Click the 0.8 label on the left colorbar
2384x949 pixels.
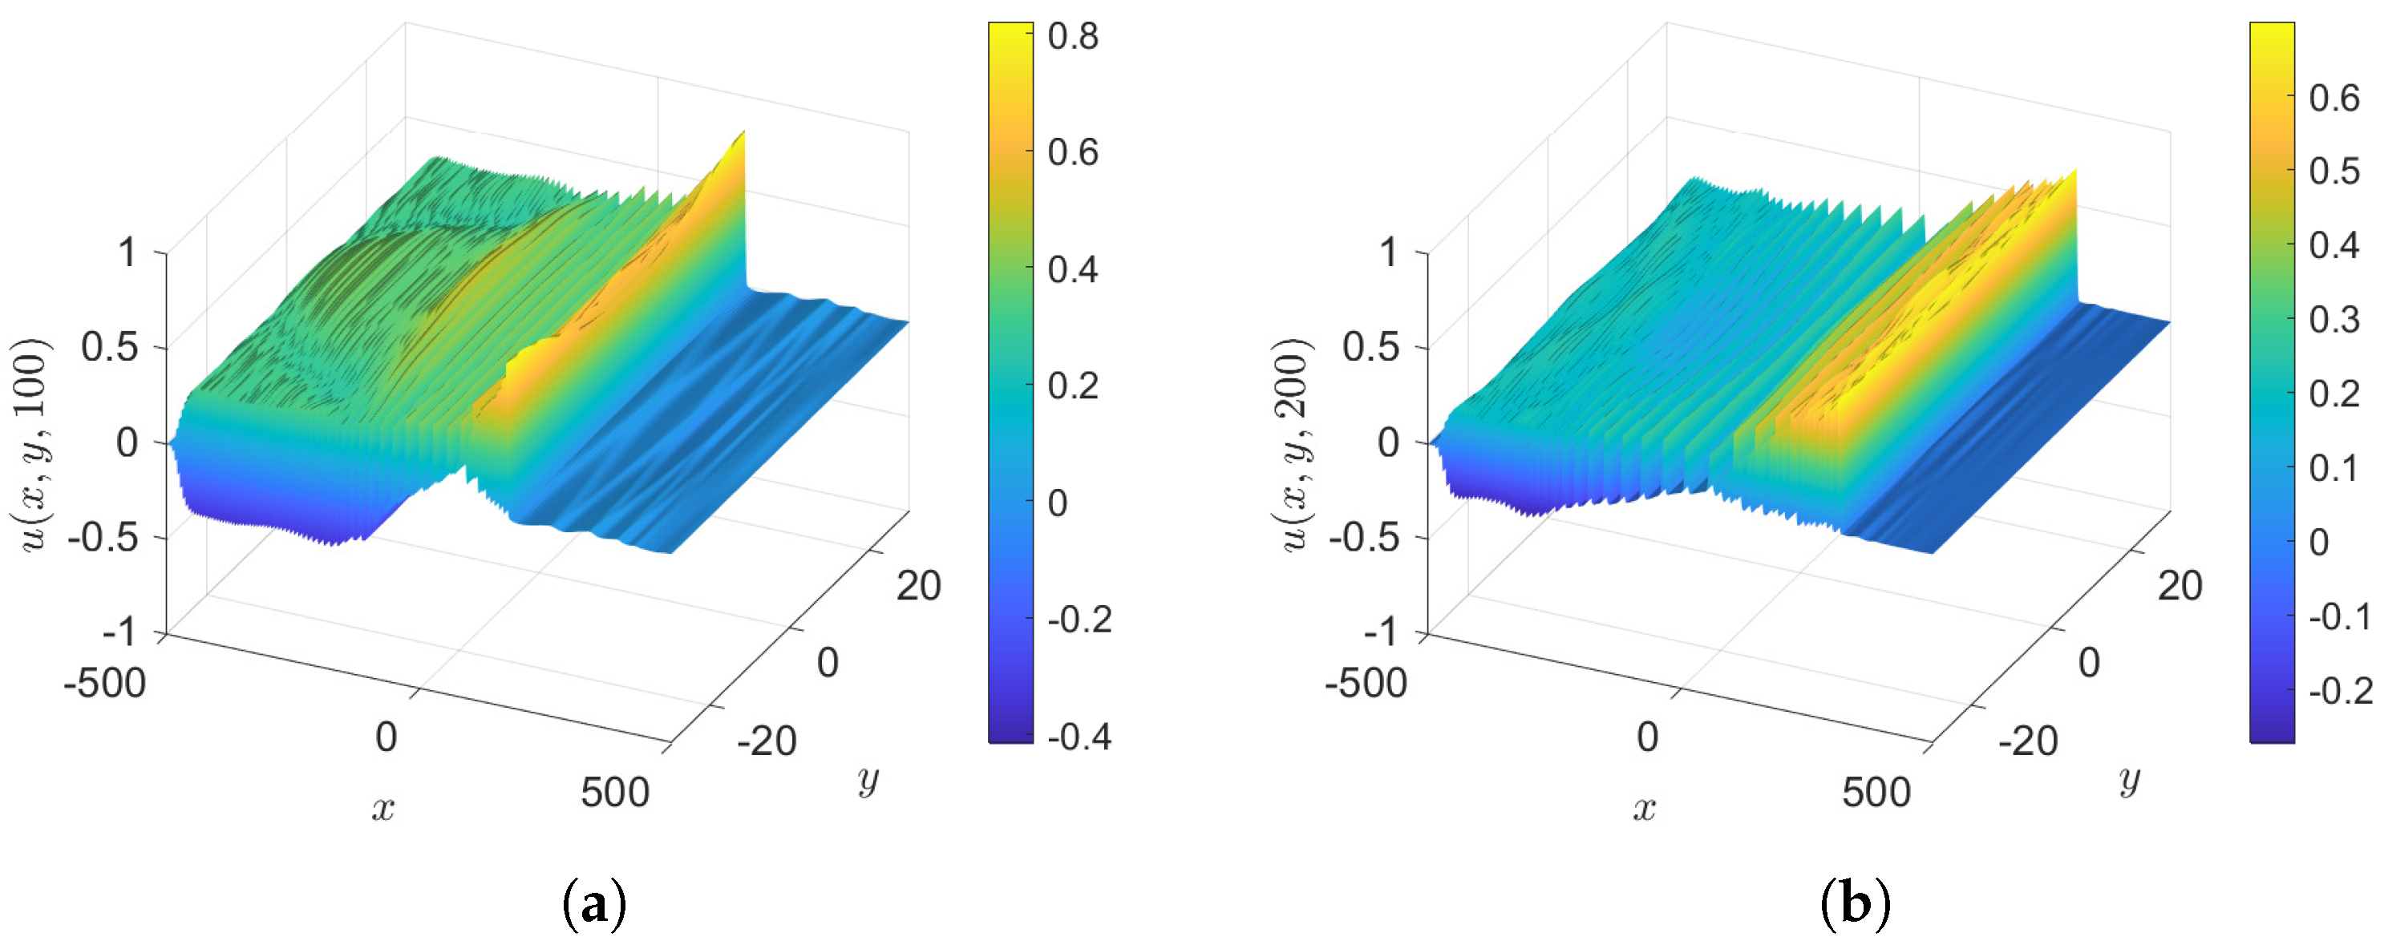[x=1073, y=36]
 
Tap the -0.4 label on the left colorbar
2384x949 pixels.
[x=1079, y=737]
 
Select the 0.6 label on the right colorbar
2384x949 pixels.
[x=2334, y=97]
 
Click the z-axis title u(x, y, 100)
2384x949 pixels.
[x=34, y=444]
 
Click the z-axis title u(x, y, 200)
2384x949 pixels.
[x=1295, y=444]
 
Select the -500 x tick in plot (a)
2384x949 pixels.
[x=104, y=683]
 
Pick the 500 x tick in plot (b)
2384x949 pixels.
[x=1876, y=793]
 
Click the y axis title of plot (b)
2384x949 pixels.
[x=2128, y=781]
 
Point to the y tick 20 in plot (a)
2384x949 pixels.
[x=918, y=585]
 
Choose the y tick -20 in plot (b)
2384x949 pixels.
[x=2027, y=740]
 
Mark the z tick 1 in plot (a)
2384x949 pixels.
[x=127, y=252]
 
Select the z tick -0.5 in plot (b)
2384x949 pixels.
[x=1364, y=536]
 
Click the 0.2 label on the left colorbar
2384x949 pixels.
[x=1073, y=386]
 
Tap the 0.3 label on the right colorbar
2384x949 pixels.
[x=2334, y=319]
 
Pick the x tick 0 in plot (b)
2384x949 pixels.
[x=1647, y=737]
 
